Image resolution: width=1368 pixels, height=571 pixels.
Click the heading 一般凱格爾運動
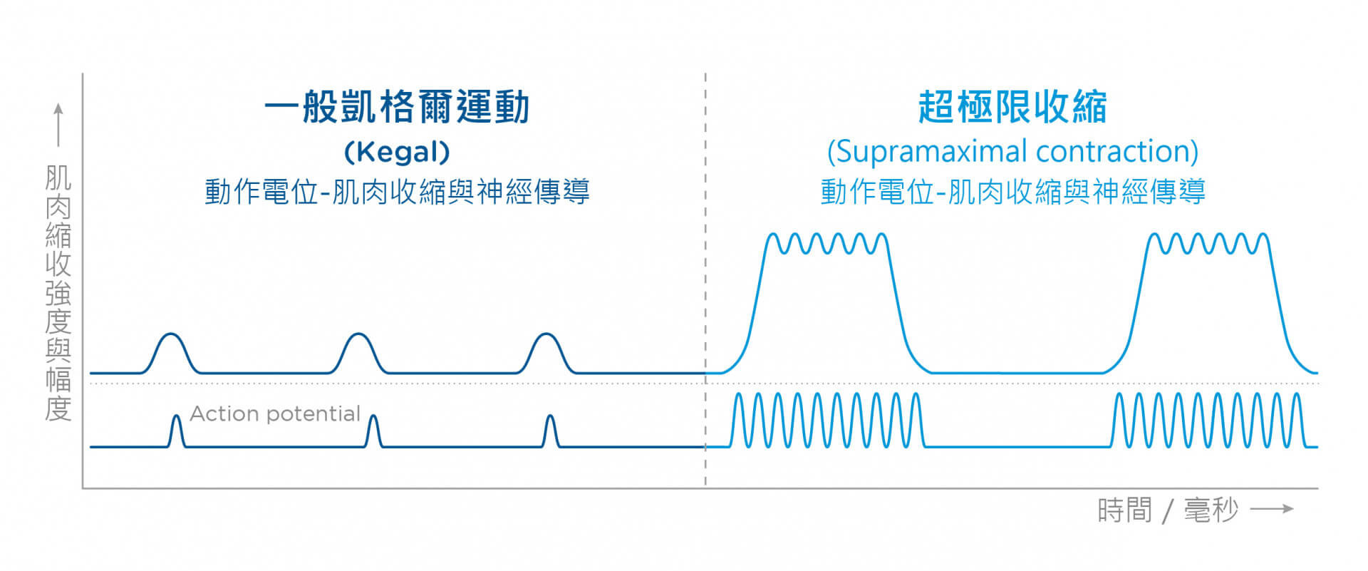397,108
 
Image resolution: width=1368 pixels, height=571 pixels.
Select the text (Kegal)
397,151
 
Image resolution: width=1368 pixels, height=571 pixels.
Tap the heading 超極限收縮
1012,108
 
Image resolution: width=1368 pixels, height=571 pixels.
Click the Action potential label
275,413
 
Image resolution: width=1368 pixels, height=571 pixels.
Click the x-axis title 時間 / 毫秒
1168,510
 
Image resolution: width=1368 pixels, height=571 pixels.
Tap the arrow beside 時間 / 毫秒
1272,509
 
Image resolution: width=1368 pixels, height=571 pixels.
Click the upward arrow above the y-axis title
58,125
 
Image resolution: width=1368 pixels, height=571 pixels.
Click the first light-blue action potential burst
826,421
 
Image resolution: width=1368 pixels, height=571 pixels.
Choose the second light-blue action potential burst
1208,421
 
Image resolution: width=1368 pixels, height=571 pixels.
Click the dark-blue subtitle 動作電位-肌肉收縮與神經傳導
397,192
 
